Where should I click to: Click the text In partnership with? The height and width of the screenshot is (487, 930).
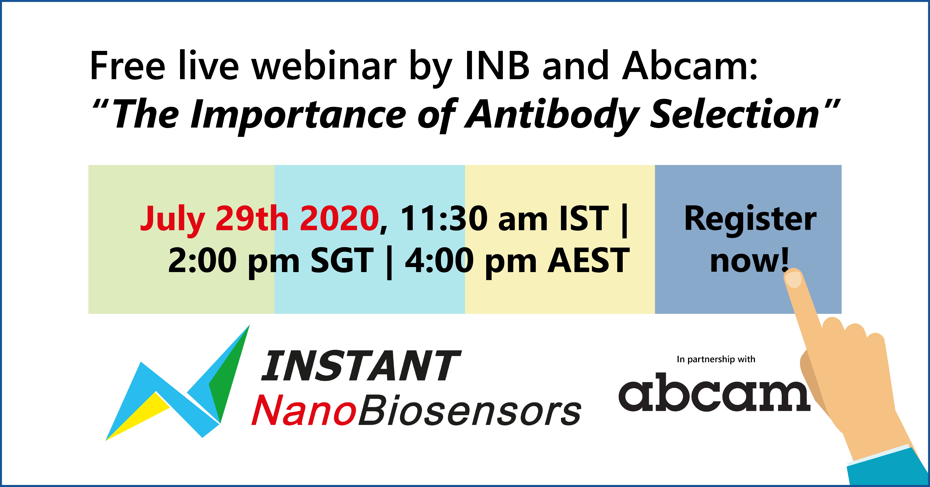(716, 360)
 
